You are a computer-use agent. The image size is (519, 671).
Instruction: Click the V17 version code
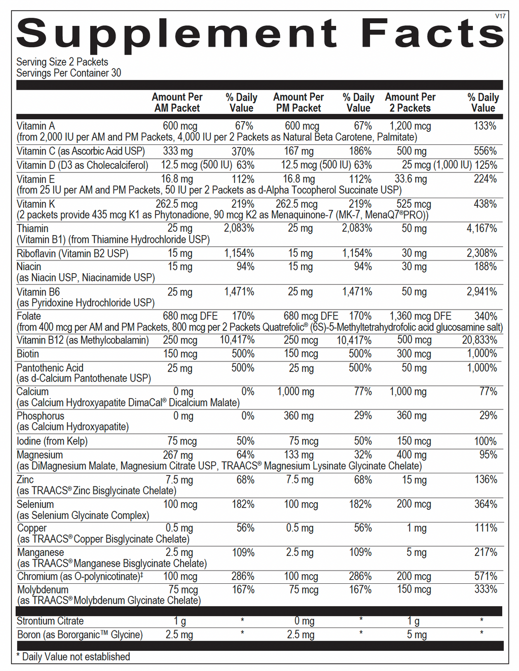click(x=500, y=16)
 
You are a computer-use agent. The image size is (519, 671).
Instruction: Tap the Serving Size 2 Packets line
click(x=62, y=62)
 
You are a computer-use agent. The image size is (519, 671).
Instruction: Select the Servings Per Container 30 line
click(x=68, y=73)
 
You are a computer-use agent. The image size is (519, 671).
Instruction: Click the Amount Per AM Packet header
click(x=177, y=102)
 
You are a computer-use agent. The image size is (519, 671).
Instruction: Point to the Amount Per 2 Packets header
click(x=410, y=102)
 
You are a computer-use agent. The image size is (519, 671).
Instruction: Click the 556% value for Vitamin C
click(x=486, y=151)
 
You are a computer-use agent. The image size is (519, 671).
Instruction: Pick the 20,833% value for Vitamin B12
click(x=479, y=340)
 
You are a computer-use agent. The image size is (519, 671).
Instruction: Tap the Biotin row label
click(x=28, y=354)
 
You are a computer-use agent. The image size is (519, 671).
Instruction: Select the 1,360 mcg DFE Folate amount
click(x=420, y=316)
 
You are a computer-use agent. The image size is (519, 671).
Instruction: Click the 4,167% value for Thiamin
click(x=481, y=229)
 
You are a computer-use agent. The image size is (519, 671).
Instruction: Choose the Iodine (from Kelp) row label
click(x=52, y=441)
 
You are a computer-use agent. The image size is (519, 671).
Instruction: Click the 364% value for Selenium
click(x=486, y=504)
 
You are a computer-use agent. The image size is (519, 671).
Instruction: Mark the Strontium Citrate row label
click(x=50, y=621)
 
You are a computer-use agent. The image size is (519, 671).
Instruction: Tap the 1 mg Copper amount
click(x=417, y=528)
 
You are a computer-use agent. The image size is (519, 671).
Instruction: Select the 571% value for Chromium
click(x=486, y=576)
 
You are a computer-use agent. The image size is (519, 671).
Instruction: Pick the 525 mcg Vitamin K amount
click(x=414, y=204)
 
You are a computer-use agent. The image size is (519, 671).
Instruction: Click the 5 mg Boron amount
click(x=417, y=635)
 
